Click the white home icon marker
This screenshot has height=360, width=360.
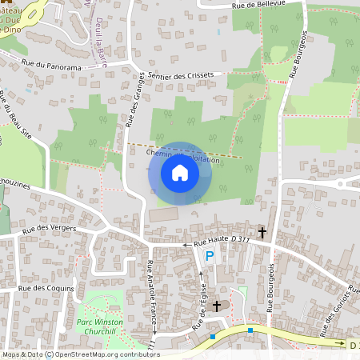tap(180, 173)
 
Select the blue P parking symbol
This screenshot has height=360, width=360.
tap(210, 256)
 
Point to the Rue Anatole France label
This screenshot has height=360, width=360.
tap(151, 291)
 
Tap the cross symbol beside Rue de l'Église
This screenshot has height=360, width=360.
tap(216, 306)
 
